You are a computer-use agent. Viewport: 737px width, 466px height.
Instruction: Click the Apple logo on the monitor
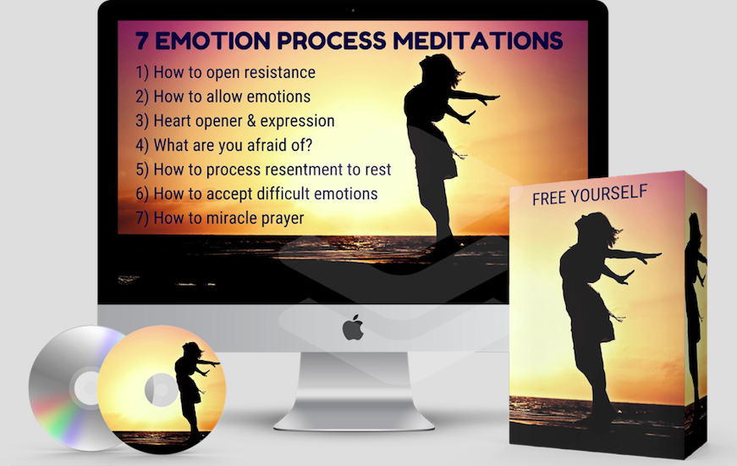tap(353, 328)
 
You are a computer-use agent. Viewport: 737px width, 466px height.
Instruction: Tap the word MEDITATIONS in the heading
tap(478, 41)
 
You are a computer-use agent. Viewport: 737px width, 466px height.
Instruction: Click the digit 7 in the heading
tap(142, 41)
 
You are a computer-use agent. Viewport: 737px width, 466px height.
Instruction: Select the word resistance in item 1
tap(279, 73)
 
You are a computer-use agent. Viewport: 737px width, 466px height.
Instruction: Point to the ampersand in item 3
tap(251, 121)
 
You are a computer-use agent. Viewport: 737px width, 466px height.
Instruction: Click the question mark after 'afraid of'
tap(308, 145)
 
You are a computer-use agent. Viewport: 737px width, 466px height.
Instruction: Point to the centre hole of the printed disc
tap(160, 389)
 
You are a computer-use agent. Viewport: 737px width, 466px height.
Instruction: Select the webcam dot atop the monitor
tap(353, 10)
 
